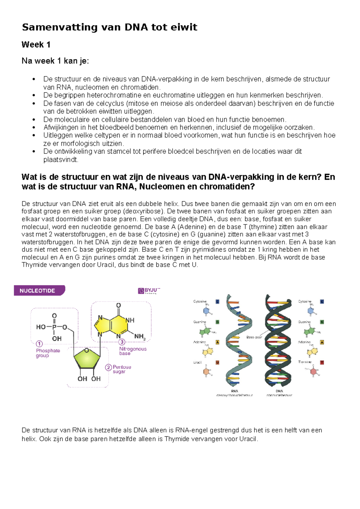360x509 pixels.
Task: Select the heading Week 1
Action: tap(36, 45)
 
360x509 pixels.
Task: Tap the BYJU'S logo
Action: tap(149, 291)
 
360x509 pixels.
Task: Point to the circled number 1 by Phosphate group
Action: tap(39, 344)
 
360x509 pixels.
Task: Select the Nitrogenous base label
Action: tap(133, 351)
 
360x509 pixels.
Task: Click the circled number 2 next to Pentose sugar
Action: tap(108, 367)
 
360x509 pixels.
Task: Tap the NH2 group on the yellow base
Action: tap(140, 337)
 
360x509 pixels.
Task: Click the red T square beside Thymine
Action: tap(322, 363)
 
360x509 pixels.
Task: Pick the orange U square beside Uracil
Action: tap(217, 363)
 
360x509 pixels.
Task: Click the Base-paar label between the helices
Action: tap(254, 337)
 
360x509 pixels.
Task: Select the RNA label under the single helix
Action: tap(235, 391)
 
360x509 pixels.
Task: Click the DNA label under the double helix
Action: tap(279, 391)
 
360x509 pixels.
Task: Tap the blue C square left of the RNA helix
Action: tap(217, 302)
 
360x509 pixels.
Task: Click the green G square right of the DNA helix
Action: tap(322, 322)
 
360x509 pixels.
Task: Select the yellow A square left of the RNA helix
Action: tap(217, 342)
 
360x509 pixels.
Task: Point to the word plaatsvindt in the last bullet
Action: tap(60, 160)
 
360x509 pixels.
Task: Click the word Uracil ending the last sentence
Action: tap(248, 439)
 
